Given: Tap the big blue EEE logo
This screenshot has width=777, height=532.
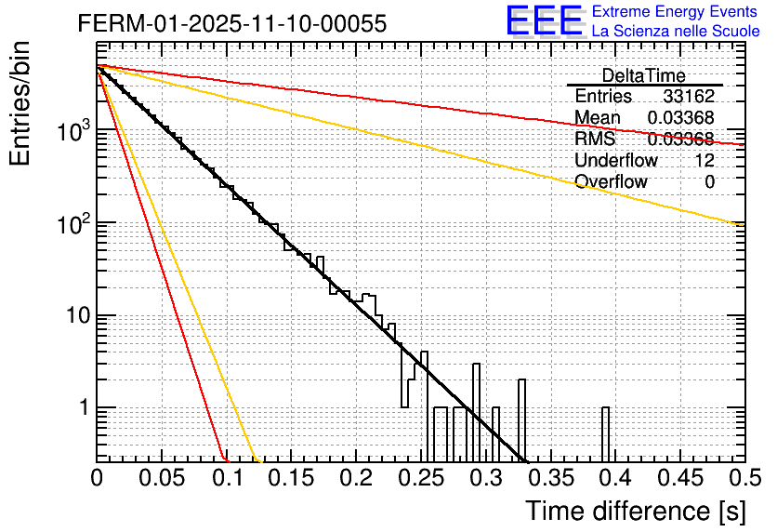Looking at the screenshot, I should [x=544, y=22].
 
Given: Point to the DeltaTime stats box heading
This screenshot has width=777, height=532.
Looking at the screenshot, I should [x=643, y=75].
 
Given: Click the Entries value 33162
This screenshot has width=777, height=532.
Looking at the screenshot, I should [x=689, y=97].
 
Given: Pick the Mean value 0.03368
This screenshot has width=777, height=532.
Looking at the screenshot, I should [x=680, y=117].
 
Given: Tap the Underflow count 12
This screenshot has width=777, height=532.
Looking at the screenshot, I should [x=705, y=160].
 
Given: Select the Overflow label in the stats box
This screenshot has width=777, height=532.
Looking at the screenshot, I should [x=611, y=181].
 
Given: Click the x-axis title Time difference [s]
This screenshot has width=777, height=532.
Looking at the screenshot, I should [x=635, y=511].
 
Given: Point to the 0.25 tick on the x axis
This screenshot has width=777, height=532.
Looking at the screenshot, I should [x=420, y=479].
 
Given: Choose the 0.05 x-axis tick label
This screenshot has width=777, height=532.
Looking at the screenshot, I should [x=162, y=479].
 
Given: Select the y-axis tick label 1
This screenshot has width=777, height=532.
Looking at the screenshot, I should [x=82, y=408].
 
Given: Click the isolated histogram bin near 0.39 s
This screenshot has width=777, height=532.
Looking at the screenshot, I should [x=605, y=433].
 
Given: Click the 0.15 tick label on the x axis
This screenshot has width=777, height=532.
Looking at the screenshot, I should [x=291, y=479].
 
